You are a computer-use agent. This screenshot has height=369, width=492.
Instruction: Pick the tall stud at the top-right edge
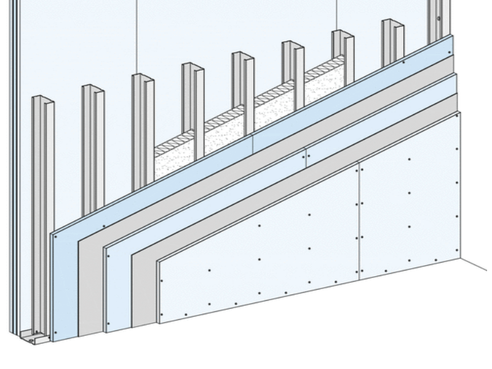point(438,18)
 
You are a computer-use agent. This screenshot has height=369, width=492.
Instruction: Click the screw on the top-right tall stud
point(438,19)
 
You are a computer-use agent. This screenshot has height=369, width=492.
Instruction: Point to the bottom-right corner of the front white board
point(459,256)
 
